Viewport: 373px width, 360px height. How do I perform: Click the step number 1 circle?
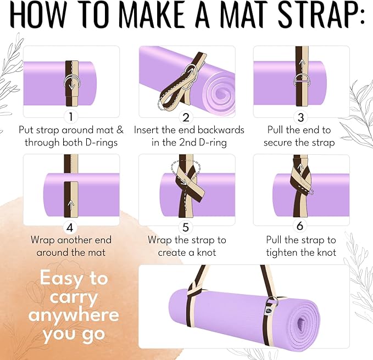point(71,117)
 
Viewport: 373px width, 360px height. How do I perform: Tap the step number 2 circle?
point(186,117)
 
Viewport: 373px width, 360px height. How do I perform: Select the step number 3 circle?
point(300,117)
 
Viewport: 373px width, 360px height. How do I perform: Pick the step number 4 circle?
point(70,227)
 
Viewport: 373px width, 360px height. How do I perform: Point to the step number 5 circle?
point(186,227)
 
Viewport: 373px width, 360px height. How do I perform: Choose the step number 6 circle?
point(300,226)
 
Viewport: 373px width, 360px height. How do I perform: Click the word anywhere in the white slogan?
point(74,315)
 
